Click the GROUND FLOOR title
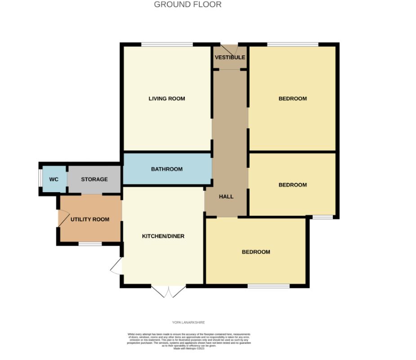[188, 5]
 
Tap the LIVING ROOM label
[167, 99]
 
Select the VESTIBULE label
[230, 58]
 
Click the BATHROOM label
[167, 169]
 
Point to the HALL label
[226, 197]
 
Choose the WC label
[54, 180]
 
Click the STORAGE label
[94, 180]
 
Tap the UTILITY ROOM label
[90, 220]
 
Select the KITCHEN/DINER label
[163, 236]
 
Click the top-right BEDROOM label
[293, 99]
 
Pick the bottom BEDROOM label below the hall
[256, 252]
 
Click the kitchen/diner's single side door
[116, 266]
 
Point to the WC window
[40, 179]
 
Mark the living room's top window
[167, 44]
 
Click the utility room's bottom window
[90, 244]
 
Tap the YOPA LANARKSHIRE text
[188, 322]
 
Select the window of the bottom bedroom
[268, 286]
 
